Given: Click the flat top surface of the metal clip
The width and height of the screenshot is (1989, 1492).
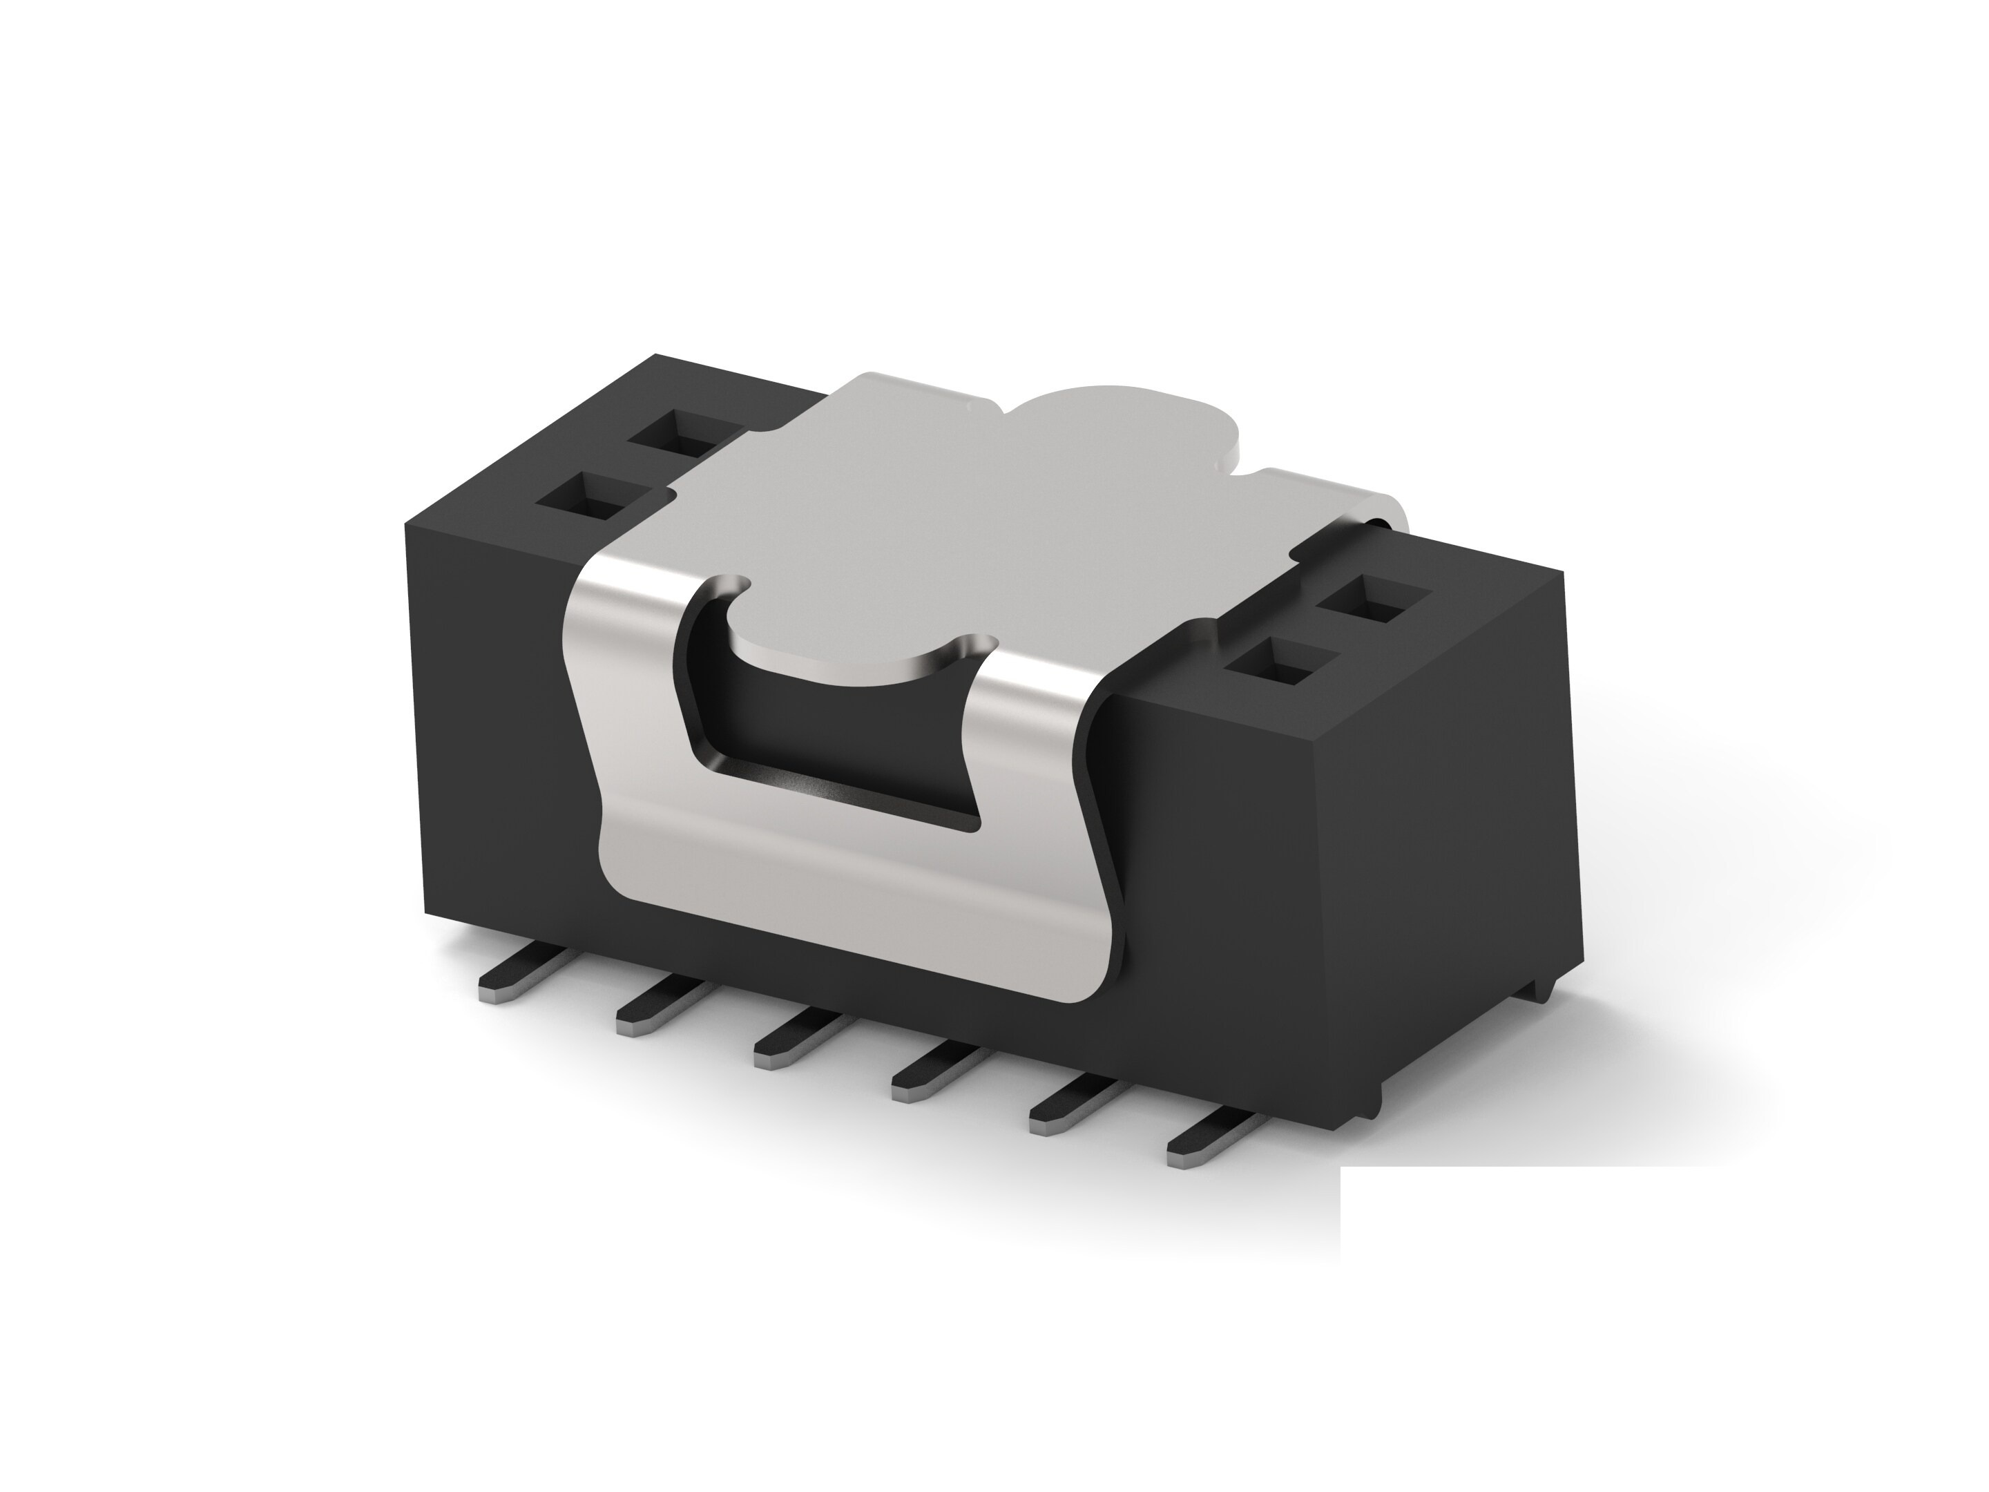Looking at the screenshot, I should click(944, 504).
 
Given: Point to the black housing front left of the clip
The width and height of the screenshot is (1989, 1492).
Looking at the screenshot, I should click(494, 720).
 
